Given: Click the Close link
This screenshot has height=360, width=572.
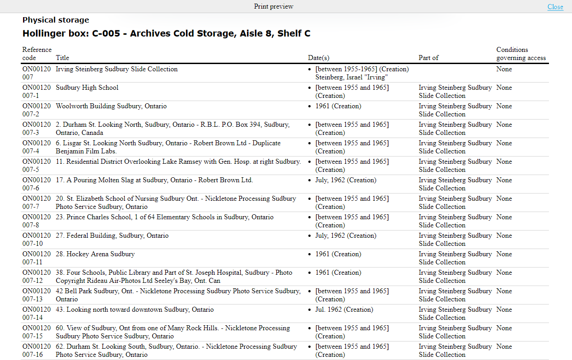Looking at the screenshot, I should tap(555, 7).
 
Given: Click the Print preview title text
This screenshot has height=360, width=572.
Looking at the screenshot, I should tap(274, 6).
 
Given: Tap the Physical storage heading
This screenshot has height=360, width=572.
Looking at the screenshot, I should tap(56, 20).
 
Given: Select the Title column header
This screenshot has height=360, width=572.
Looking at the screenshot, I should tap(62, 58).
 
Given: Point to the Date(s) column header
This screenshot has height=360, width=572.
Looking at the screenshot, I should tap(318, 58).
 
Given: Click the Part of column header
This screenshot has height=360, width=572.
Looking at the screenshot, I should tap(428, 58).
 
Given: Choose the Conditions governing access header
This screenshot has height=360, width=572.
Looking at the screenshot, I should tap(521, 54).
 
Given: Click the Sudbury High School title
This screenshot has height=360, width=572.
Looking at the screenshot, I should tap(87, 88).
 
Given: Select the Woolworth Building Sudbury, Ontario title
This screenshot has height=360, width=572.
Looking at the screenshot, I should tap(111, 106).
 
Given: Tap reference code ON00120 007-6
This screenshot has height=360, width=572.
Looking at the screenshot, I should tap(37, 184).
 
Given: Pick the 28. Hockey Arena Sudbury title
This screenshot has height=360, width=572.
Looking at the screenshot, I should tap(95, 254).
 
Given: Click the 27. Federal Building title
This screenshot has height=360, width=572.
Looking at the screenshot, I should tap(112, 235).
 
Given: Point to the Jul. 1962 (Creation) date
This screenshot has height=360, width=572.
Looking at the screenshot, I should tap(344, 309).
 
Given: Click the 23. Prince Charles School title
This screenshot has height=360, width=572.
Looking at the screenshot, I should tap(164, 217).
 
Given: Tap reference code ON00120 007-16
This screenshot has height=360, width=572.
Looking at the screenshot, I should tap(37, 351).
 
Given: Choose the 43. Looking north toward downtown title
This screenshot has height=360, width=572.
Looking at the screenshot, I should tap(135, 309).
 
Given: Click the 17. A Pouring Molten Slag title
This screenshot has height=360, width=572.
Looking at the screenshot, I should tap(154, 180).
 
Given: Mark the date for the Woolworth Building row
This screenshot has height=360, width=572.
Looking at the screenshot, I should tap(338, 106).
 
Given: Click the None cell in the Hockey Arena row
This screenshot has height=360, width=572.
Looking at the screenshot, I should tap(504, 254).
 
